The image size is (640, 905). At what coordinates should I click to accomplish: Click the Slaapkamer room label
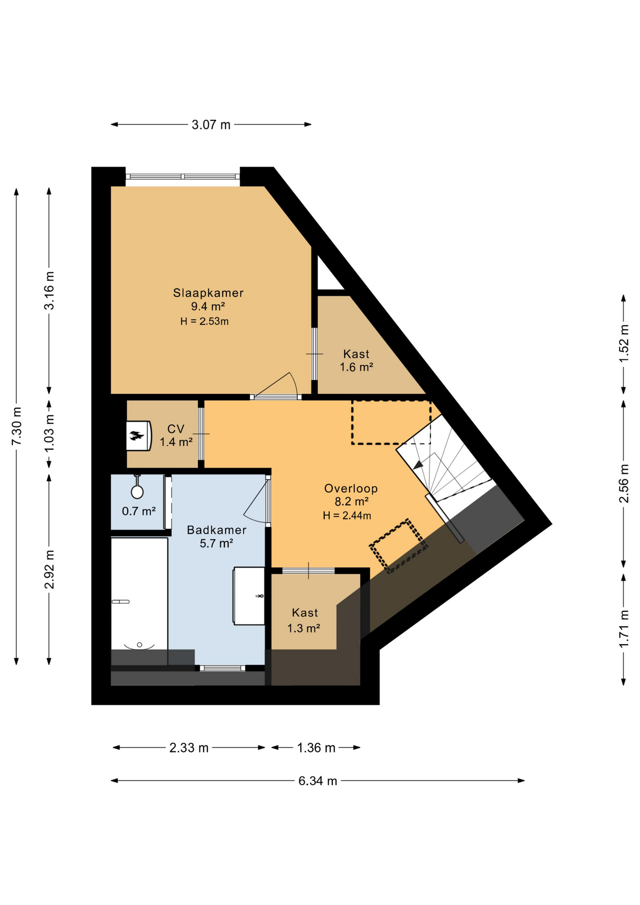click(208, 293)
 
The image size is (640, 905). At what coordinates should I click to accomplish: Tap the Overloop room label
click(351, 488)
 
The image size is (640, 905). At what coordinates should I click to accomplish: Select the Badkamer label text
click(217, 530)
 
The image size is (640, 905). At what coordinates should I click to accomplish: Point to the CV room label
click(176, 429)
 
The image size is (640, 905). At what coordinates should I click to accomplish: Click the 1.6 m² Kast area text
click(357, 367)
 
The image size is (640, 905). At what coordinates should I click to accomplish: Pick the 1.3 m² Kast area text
click(304, 628)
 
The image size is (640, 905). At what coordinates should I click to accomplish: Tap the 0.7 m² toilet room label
click(139, 511)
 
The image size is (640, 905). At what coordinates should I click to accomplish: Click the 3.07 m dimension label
click(211, 125)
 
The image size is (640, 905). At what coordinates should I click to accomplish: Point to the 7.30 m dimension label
click(16, 426)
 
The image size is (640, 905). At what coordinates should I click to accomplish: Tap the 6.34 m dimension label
click(318, 781)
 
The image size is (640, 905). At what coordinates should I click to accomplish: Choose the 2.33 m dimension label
click(189, 748)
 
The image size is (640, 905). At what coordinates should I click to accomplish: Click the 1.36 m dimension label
click(316, 748)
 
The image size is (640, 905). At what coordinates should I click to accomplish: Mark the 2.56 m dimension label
click(624, 484)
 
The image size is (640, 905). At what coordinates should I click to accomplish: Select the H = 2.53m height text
click(205, 321)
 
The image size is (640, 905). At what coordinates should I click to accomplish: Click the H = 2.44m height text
click(347, 516)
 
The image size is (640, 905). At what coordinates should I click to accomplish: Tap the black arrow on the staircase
click(418, 465)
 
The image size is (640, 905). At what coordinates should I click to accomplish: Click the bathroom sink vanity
click(249, 596)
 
